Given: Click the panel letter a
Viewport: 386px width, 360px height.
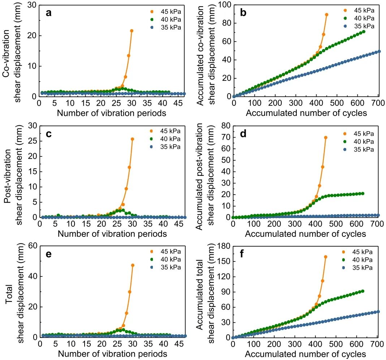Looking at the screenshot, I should pyautogui.click(x=48, y=13).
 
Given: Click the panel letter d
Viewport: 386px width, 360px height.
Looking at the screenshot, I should pyautogui.click(x=243, y=134).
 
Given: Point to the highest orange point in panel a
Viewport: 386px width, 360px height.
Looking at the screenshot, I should pyautogui.click(x=132, y=31).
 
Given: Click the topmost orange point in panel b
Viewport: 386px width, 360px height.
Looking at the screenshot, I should pyautogui.click(x=326, y=15).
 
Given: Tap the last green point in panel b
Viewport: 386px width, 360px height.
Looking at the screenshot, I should pyautogui.click(x=363, y=32).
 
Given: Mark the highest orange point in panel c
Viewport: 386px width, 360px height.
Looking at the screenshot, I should pyautogui.click(x=132, y=139).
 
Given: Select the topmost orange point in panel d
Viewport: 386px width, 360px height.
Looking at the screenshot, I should pyautogui.click(x=326, y=138).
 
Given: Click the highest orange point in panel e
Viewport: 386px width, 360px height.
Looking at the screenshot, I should pyautogui.click(x=133, y=265).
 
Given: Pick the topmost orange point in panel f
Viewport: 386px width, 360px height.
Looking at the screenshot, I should pyautogui.click(x=326, y=257).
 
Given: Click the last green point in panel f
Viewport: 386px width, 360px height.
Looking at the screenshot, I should pyautogui.click(x=363, y=291).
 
